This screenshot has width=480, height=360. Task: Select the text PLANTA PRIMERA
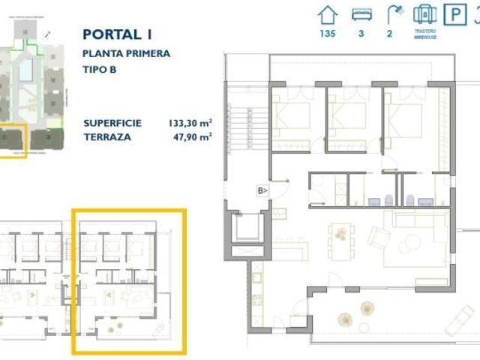click(x=127, y=53)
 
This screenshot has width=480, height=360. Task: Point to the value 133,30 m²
click(x=190, y=124)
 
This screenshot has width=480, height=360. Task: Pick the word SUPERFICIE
click(x=112, y=124)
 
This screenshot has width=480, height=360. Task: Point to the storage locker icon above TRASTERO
click(x=424, y=13)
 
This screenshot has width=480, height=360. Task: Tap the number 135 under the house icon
click(x=328, y=34)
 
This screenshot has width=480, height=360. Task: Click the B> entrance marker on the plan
click(x=263, y=190)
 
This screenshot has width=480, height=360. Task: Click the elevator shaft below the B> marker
click(x=247, y=227)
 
